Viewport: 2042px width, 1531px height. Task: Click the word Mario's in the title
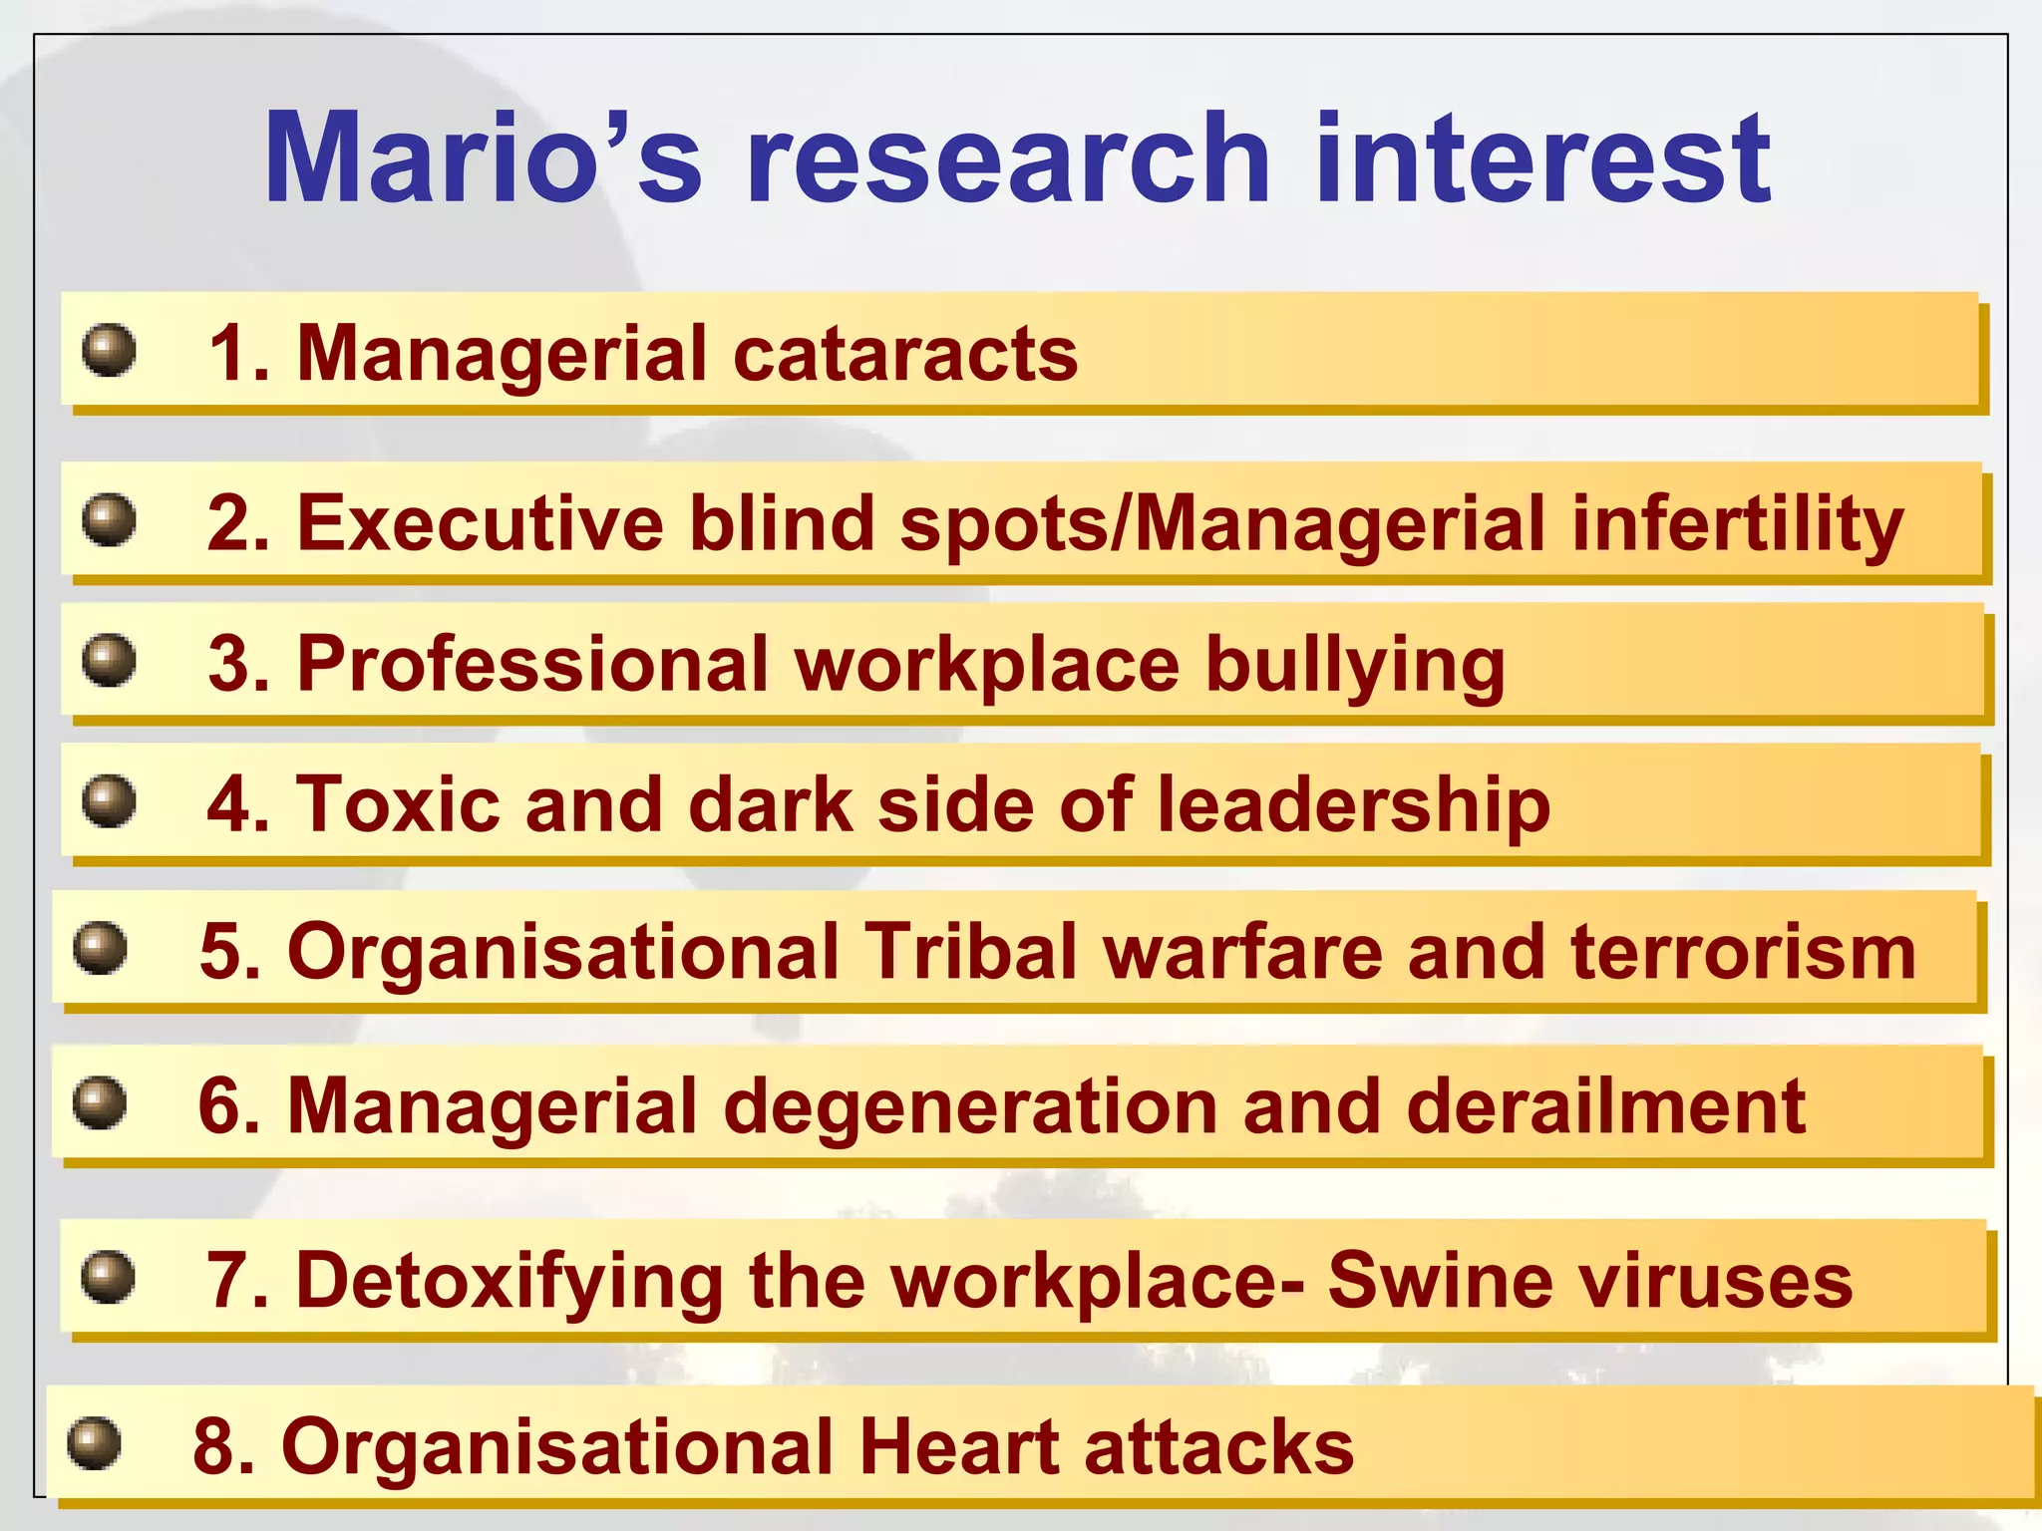pos(483,159)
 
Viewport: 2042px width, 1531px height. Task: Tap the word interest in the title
pos(1542,159)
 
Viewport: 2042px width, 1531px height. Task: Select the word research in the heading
pos(1008,159)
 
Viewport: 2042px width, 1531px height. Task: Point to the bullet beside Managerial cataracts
pos(109,350)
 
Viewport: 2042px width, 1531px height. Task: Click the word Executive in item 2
pos(480,524)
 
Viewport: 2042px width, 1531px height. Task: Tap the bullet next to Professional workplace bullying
pos(109,661)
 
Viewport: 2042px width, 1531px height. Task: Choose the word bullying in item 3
pos(1355,666)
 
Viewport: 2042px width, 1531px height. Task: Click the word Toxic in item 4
pos(398,804)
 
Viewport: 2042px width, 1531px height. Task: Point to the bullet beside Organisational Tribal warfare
pos(100,948)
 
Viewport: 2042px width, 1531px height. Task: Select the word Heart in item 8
pos(958,1446)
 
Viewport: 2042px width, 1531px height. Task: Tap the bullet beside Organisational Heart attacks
pos(94,1443)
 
